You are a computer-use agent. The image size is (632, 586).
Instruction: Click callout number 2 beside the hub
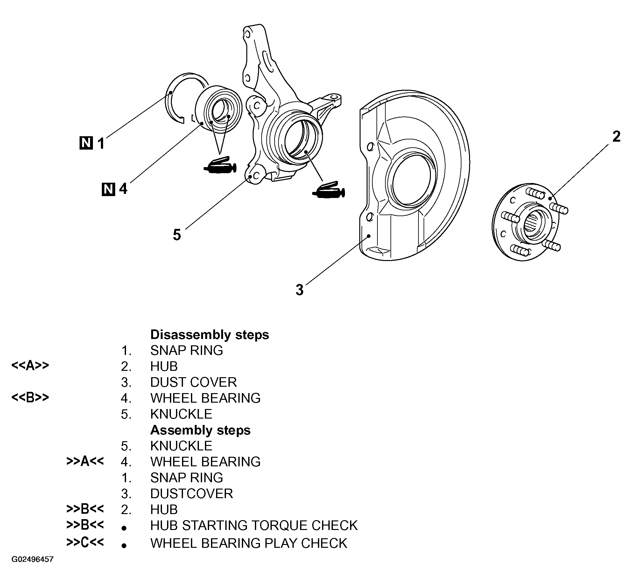click(x=616, y=137)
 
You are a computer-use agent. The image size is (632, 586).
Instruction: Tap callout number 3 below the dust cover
click(x=299, y=290)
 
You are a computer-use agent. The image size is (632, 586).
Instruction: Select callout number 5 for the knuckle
click(x=177, y=235)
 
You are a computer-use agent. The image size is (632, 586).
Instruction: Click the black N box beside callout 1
click(x=86, y=143)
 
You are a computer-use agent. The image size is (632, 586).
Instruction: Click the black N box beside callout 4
click(x=109, y=189)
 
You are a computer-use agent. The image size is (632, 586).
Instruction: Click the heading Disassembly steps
click(x=209, y=335)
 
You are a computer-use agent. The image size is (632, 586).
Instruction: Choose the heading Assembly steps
click(x=200, y=430)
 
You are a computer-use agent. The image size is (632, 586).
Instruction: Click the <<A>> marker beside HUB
click(x=30, y=366)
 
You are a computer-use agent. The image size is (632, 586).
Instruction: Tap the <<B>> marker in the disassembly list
click(x=30, y=398)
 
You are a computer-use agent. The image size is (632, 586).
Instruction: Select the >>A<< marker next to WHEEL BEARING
click(x=85, y=461)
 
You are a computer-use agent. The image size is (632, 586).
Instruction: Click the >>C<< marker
click(x=85, y=542)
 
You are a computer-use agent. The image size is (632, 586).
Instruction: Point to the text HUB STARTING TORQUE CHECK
click(x=254, y=526)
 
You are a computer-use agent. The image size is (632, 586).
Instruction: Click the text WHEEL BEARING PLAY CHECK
click(x=249, y=543)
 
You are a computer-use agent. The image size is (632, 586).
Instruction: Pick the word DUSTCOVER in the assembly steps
click(x=192, y=494)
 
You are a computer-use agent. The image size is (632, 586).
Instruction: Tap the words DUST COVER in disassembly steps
click(x=193, y=382)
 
